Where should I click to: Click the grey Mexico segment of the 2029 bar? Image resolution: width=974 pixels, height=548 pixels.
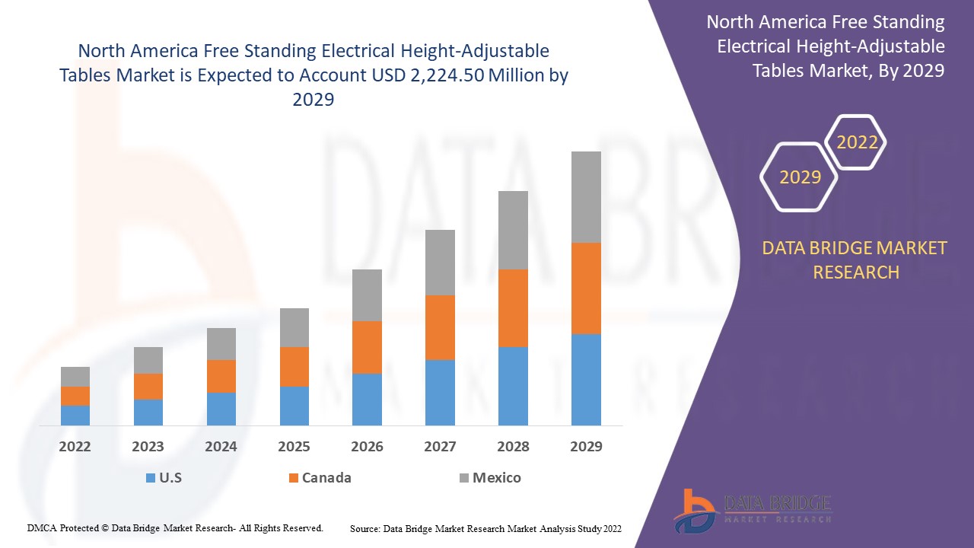pyautogui.click(x=586, y=197)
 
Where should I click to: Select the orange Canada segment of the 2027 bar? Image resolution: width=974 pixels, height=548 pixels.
pyautogui.click(x=440, y=327)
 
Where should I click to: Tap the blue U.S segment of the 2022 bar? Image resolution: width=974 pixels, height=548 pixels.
pyautogui.click(x=75, y=415)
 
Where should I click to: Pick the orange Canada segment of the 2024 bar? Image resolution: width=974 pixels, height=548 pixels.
pyautogui.click(x=221, y=376)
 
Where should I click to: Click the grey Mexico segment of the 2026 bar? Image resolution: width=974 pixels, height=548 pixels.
pyautogui.click(x=367, y=295)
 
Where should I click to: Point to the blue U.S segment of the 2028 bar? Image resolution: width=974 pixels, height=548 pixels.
pyautogui.click(x=513, y=386)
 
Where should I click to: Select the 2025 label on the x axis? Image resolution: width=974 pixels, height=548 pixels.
pyautogui.click(x=294, y=447)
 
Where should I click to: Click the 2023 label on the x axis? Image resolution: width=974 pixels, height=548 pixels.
pyautogui.click(x=148, y=447)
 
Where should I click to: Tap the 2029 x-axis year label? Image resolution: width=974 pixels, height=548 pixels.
pyautogui.click(x=586, y=447)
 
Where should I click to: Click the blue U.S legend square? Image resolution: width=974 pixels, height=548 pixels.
pyautogui.click(x=151, y=478)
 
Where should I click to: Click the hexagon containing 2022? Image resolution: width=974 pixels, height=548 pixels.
pyautogui.click(x=857, y=142)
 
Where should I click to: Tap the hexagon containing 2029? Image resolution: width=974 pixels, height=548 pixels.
pyautogui.click(x=800, y=177)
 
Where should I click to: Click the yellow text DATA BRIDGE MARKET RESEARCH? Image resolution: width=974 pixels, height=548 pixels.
pyautogui.click(x=855, y=260)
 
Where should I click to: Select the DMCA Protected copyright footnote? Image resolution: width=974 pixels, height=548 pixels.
pyautogui.click(x=175, y=527)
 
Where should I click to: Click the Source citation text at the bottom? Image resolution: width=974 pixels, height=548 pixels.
pyautogui.click(x=485, y=528)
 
